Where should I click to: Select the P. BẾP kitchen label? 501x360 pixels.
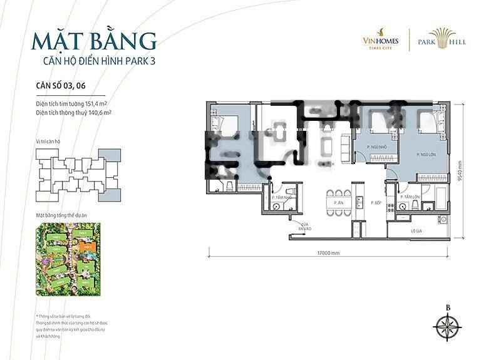(x=376, y=203)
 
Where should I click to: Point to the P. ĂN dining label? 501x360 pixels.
(x=338, y=203)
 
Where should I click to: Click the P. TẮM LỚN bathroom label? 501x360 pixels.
(x=413, y=197)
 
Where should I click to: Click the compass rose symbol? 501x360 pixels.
(x=448, y=328)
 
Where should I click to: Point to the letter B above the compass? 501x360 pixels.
(x=448, y=307)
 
